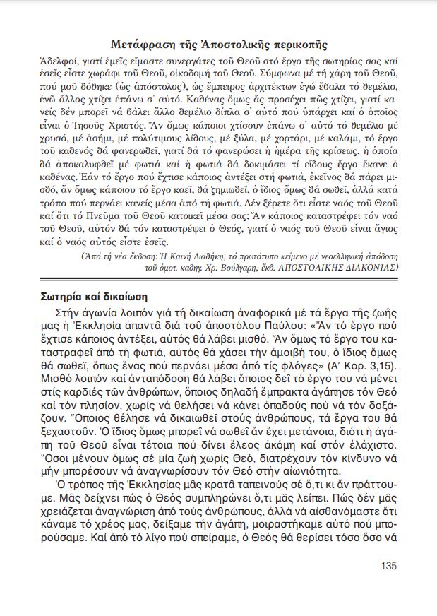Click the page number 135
tap(388, 565)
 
